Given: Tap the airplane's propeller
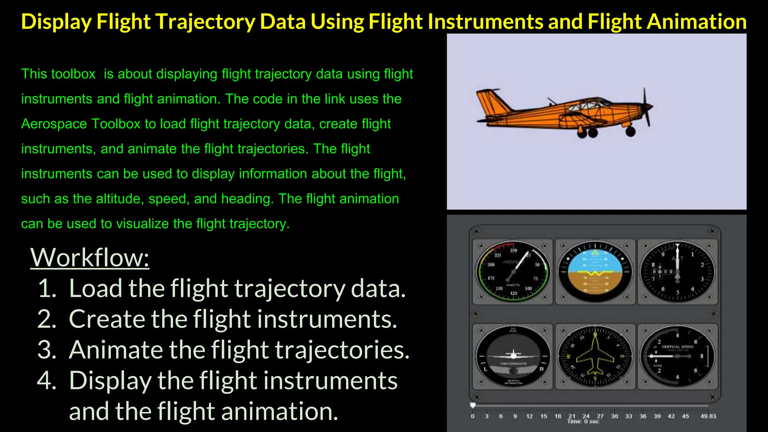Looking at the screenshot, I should click(x=646, y=107).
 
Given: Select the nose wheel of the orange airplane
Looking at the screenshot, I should click(x=630, y=131).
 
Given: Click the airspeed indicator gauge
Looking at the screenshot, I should click(x=513, y=271).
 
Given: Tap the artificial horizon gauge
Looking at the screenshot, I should click(x=595, y=271).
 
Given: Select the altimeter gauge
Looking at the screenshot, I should click(x=677, y=271).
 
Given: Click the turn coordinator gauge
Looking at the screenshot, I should click(x=513, y=356).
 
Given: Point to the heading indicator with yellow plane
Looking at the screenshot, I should click(x=595, y=356).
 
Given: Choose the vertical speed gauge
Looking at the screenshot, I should click(x=677, y=356).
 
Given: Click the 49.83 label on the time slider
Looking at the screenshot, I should click(x=708, y=416).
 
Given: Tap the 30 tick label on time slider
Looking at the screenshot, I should click(x=614, y=416).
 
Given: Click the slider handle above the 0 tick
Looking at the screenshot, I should click(x=473, y=405).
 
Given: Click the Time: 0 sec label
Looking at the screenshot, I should click(x=583, y=422).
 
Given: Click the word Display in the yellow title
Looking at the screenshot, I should click(x=56, y=22).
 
